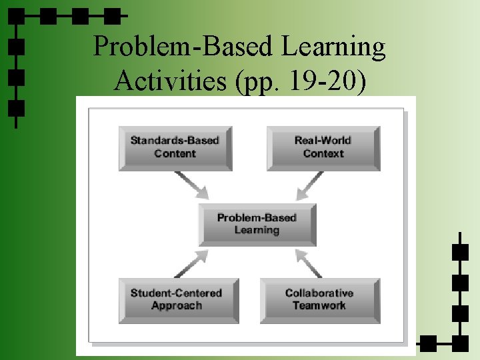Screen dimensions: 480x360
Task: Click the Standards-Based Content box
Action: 175,147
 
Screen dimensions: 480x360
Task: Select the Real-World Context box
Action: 323,147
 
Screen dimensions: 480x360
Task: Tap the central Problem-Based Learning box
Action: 257,224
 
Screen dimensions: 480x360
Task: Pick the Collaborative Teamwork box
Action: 319,299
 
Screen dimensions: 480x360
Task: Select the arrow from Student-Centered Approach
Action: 192,263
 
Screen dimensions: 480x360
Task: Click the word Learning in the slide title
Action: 334,47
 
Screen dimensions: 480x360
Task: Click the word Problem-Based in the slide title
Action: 183,47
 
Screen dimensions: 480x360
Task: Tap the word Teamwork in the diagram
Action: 319,305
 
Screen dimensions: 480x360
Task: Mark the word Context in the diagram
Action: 323,153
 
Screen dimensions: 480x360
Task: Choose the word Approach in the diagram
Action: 176,305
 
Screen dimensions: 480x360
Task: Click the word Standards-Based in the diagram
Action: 175,141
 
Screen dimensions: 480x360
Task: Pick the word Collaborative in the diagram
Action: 319,293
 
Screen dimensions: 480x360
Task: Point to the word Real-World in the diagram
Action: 323,141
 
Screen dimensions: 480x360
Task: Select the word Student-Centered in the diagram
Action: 176,293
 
